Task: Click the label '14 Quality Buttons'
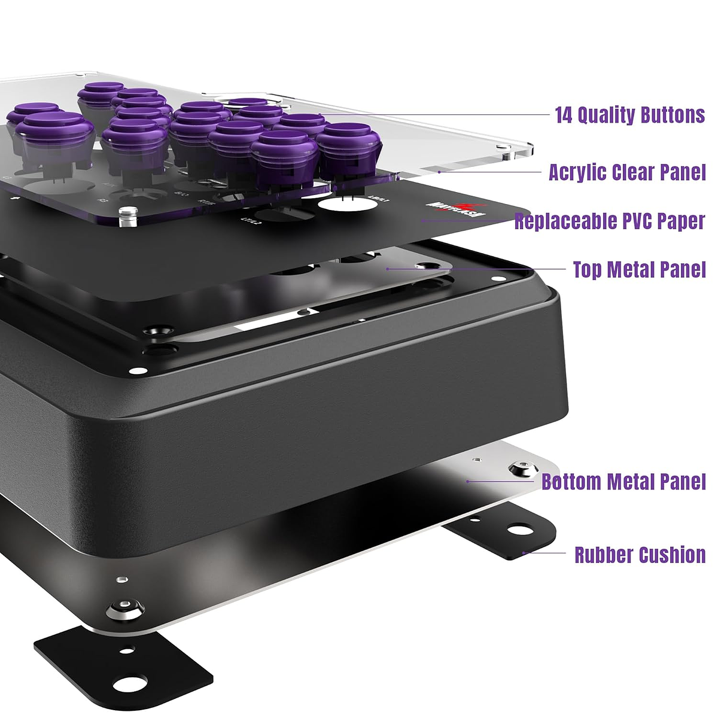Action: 629,115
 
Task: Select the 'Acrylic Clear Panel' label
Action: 626,172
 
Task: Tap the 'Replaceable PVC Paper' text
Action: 609,221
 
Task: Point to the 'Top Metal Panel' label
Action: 639,269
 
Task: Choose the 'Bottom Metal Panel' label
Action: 623,482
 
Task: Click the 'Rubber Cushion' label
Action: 640,555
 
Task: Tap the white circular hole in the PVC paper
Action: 348,205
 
